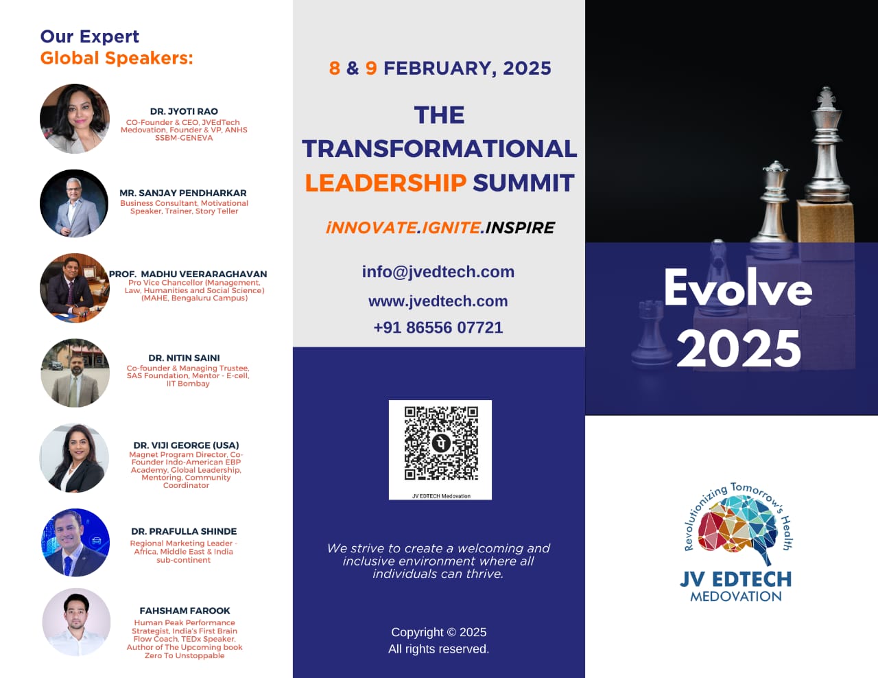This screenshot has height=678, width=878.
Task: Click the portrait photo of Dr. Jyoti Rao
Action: (x=75, y=119)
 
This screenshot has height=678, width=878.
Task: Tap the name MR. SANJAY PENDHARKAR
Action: (x=183, y=193)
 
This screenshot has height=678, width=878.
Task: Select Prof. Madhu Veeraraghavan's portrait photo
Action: (x=75, y=288)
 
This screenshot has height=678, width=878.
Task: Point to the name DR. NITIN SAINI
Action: (x=185, y=358)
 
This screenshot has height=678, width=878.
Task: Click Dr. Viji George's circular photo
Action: (x=74, y=458)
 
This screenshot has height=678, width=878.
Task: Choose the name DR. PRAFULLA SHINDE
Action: (x=184, y=531)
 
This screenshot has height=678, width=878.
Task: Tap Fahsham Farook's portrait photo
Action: (x=76, y=622)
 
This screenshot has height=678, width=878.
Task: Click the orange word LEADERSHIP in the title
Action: (x=385, y=183)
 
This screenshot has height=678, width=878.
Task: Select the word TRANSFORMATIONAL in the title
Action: (x=439, y=149)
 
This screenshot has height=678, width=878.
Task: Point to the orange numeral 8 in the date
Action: (x=335, y=68)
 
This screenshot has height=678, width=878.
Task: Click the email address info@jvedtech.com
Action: (x=438, y=272)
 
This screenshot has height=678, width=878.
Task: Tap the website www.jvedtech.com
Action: (x=438, y=301)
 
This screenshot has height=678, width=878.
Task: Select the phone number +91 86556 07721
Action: (x=438, y=327)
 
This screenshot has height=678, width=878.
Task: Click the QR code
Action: (x=441, y=443)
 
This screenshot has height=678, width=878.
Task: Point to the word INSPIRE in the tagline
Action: (x=520, y=227)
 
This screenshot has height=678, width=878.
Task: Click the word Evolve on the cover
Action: (x=738, y=288)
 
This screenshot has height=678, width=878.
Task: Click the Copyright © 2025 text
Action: (x=439, y=632)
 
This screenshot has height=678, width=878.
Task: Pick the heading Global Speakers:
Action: (x=117, y=58)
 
